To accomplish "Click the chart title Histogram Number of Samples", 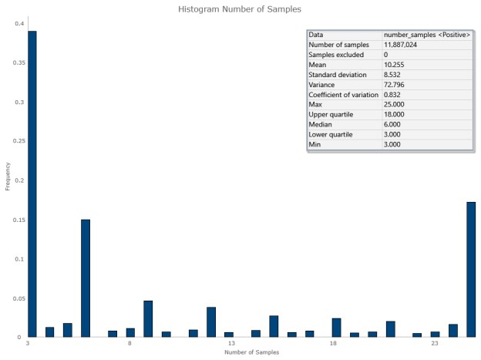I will point(240,9).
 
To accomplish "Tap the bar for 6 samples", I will point(86,278).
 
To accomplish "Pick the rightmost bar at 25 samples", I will point(471,269).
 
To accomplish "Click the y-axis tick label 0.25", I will point(18,141).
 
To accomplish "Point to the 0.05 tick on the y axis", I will point(18,298).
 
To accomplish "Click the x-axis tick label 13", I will point(230,344).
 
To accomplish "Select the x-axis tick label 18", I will point(332,344).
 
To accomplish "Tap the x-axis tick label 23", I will point(435,344).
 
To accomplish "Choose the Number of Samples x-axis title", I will point(251,352).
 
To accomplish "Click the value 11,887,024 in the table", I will point(405,45).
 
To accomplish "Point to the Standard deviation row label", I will point(337,75).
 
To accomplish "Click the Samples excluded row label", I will point(335,55).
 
